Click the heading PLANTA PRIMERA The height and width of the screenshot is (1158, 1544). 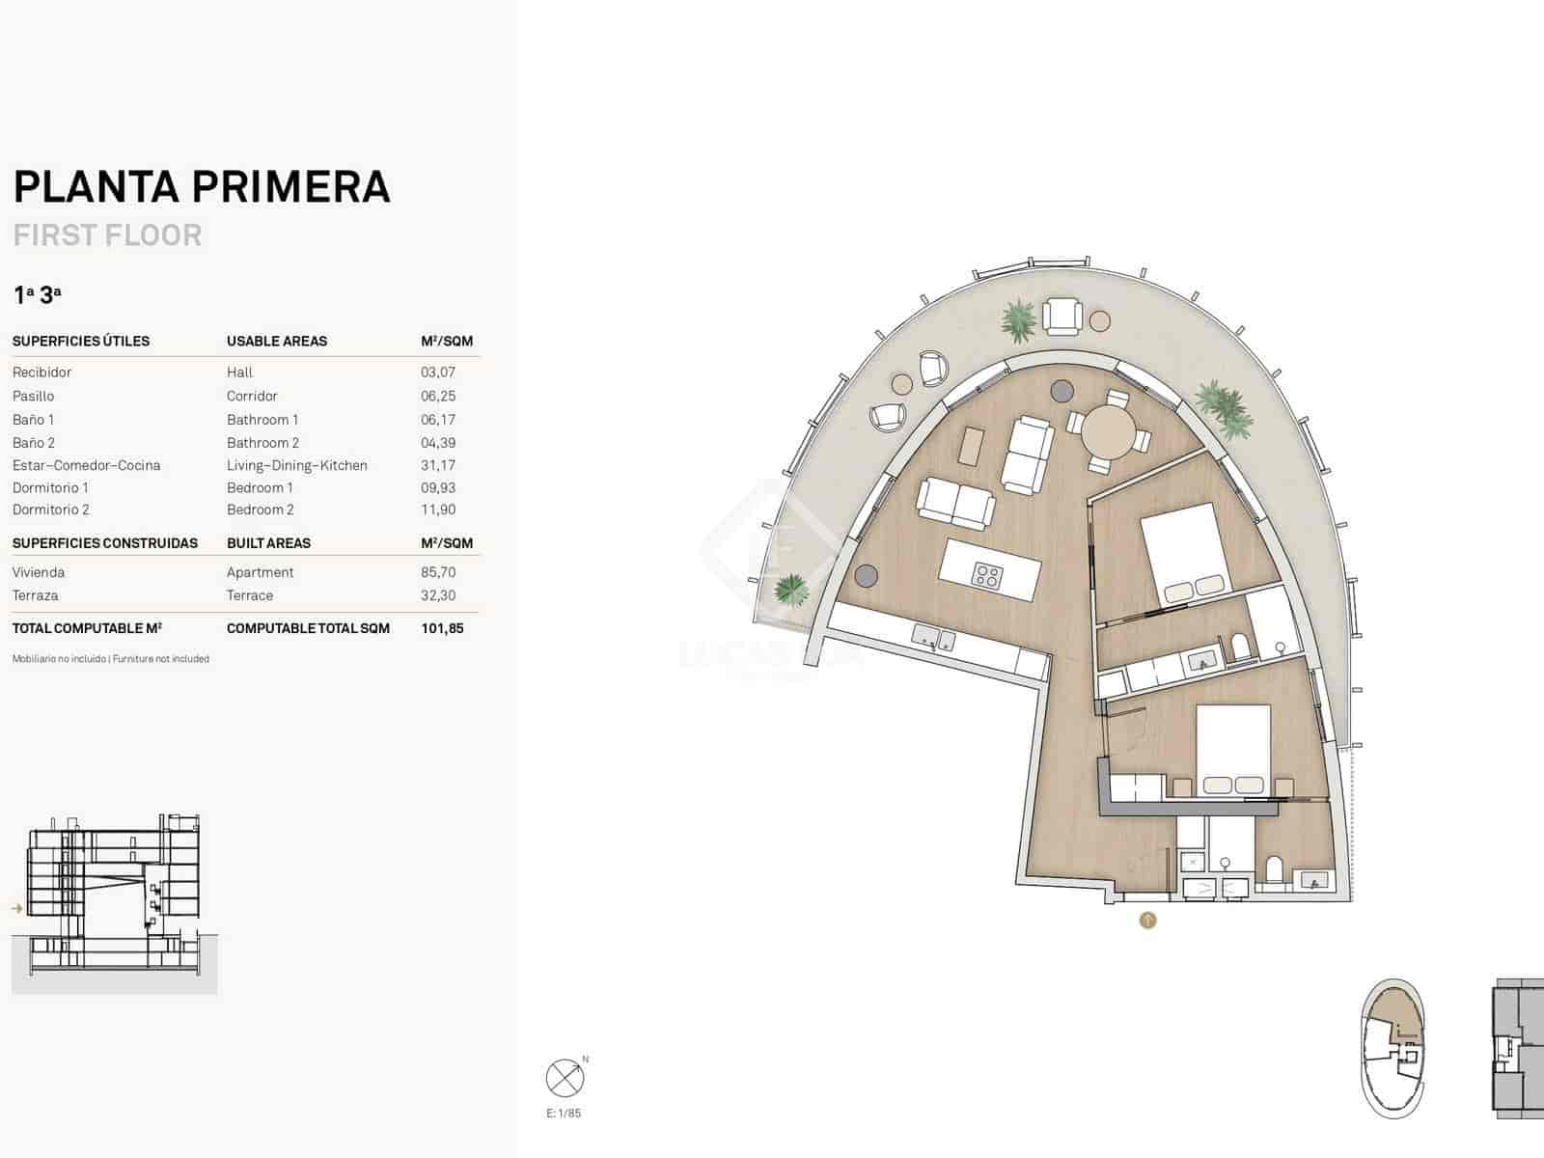(202, 186)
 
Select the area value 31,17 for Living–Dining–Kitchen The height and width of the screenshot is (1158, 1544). (438, 465)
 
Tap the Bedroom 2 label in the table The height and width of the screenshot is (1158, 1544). (261, 510)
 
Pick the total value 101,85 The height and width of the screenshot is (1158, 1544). (442, 628)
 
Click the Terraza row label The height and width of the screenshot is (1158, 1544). (35, 595)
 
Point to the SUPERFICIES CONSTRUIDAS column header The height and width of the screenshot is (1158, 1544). (105, 543)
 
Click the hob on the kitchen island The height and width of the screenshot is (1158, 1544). (987, 576)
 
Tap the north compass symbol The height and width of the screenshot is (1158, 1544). (565, 1077)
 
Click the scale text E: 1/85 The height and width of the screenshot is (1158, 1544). (564, 1114)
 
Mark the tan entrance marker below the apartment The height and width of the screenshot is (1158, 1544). (1147, 921)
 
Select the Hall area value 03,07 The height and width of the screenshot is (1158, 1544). (438, 372)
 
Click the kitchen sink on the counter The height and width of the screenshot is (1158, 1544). (934, 639)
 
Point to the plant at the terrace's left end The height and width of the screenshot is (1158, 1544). (791, 588)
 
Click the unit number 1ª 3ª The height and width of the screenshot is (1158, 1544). (38, 294)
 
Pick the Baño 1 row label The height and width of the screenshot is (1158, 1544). (34, 420)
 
